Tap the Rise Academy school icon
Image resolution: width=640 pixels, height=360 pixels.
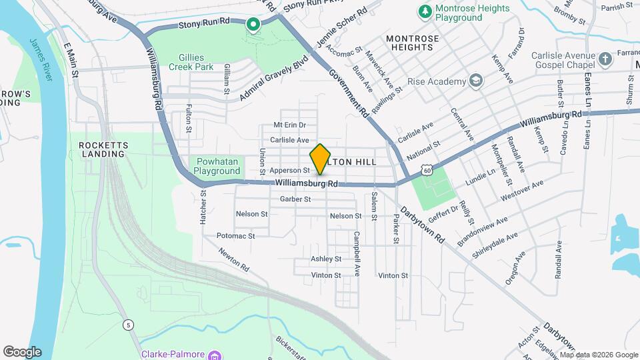[475, 81]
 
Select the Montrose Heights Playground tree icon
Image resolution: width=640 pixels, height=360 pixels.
[424, 12]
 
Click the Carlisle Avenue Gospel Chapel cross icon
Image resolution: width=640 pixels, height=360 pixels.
[605, 60]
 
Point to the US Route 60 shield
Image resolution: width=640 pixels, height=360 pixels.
[427, 170]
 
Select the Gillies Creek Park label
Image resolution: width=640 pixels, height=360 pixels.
[205, 62]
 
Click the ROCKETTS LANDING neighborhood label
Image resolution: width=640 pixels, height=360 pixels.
[102, 149]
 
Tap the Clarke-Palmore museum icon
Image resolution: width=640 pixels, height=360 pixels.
[213, 354]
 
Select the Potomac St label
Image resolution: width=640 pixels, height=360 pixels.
[235, 236]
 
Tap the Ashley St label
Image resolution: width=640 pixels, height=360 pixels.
[326, 259]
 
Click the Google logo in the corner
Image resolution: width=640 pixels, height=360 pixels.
[22, 352]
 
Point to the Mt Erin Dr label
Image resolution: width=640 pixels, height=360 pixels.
[289, 125]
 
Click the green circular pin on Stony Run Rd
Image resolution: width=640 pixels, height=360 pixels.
[253, 25]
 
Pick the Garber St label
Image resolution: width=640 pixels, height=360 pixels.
[295, 199]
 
